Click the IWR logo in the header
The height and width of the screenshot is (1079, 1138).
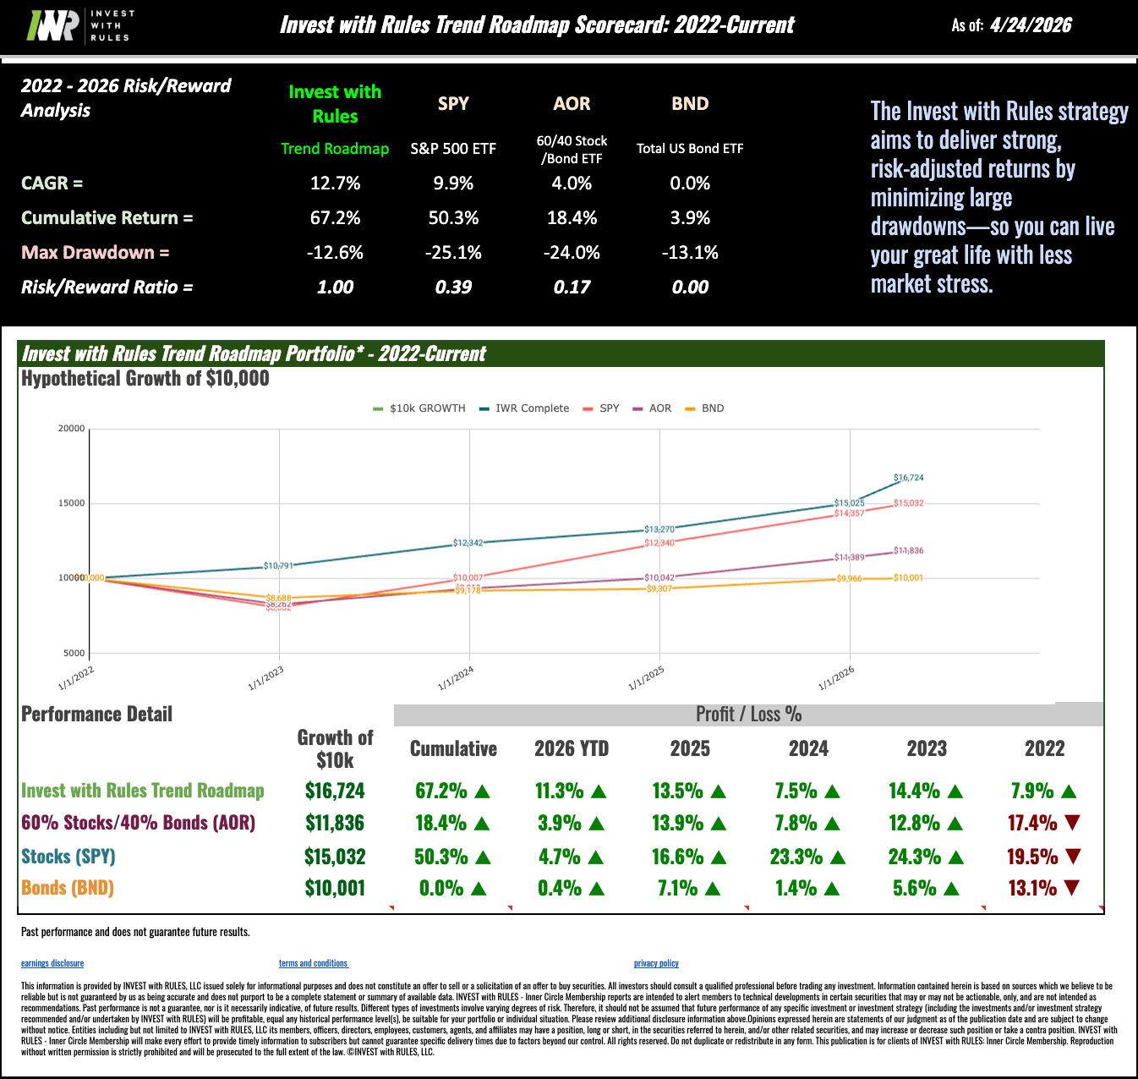[x=79, y=25]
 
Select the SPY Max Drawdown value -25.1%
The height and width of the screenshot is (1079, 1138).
[x=453, y=252]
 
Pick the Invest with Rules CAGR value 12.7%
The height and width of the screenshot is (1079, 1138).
[x=335, y=183]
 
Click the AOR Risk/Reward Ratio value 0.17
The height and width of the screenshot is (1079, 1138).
[x=572, y=287]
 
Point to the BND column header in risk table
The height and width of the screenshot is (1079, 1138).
[x=690, y=104]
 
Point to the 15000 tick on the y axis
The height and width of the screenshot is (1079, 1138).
[x=71, y=503]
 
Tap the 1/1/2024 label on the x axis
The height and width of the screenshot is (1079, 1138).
[x=457, y=677]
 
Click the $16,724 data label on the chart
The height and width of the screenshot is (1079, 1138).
[x=909, y=478]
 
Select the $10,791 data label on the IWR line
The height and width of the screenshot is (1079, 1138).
[x=278, y=566]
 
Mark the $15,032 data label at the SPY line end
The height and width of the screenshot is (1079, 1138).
[x=909, y=503]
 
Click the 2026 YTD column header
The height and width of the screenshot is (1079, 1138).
[x=572, y=748]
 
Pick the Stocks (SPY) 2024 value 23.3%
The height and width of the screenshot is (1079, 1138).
[x=796, y=857]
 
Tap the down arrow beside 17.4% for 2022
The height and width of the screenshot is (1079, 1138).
[x=1073, y=823]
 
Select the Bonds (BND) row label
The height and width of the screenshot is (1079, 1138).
[x=68, y=888]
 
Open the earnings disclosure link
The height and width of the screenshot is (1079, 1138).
[x=52, y=963]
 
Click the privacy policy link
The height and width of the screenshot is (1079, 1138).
[x=656, y=963]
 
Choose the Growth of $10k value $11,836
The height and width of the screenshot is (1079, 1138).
[x=335, y=823]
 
